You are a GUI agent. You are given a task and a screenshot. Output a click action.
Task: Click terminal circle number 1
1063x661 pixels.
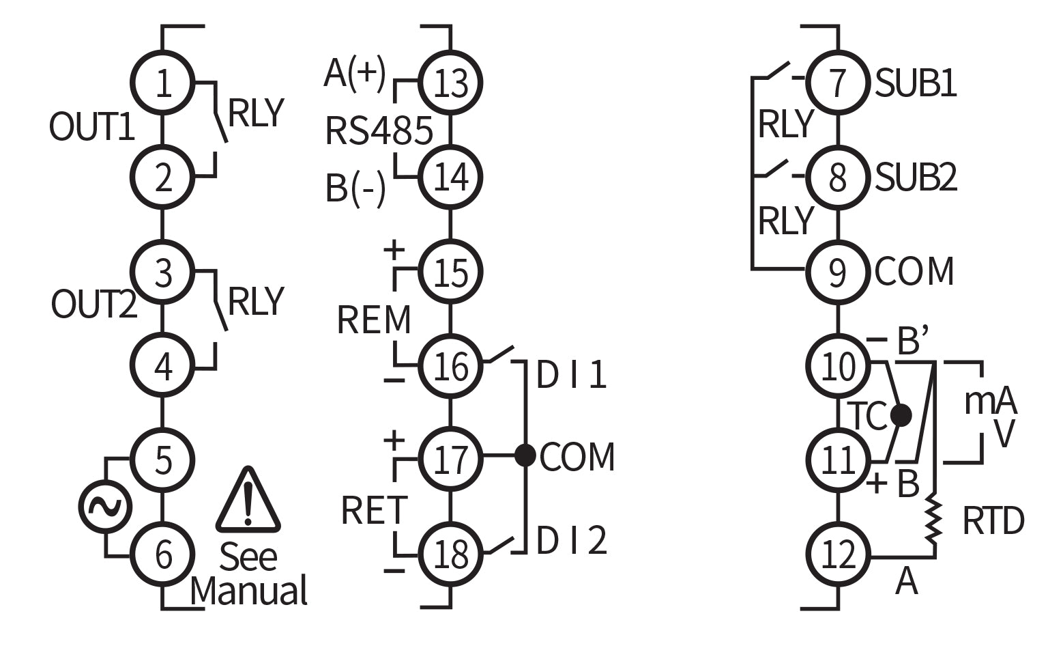tap(162, 83)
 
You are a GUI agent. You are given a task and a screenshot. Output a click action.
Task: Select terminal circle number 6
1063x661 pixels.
tap(162, 554)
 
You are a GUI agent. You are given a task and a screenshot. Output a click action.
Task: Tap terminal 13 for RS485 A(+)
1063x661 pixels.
tap(450, 83)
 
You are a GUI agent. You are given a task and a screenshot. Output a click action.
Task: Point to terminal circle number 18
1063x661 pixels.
tap(450, 554)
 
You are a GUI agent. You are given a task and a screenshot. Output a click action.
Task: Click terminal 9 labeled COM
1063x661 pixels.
tap(837, 272)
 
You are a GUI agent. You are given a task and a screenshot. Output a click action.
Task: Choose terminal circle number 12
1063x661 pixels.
tap(837, 554)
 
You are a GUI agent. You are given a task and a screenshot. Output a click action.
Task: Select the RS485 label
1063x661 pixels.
tap(379, 131)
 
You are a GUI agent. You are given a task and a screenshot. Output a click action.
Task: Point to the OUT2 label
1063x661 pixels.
tap(94, 304)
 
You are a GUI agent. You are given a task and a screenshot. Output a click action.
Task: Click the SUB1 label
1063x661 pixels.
tap(916, 83)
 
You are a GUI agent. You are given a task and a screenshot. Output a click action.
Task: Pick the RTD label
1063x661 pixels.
tap(993, 522)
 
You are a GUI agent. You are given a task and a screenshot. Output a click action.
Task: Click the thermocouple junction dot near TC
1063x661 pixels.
tap(901, 414)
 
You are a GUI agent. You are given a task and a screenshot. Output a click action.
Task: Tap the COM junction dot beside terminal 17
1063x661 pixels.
tap(524, 455)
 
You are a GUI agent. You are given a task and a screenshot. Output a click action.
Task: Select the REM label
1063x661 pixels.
tap(374, 320)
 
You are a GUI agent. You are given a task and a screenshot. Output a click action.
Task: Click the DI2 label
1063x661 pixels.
tap(571, 541)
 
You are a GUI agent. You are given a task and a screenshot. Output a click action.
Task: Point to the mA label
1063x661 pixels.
tap(989, 402)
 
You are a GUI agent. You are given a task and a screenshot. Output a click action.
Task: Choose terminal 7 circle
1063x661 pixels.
tap(837, 83)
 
